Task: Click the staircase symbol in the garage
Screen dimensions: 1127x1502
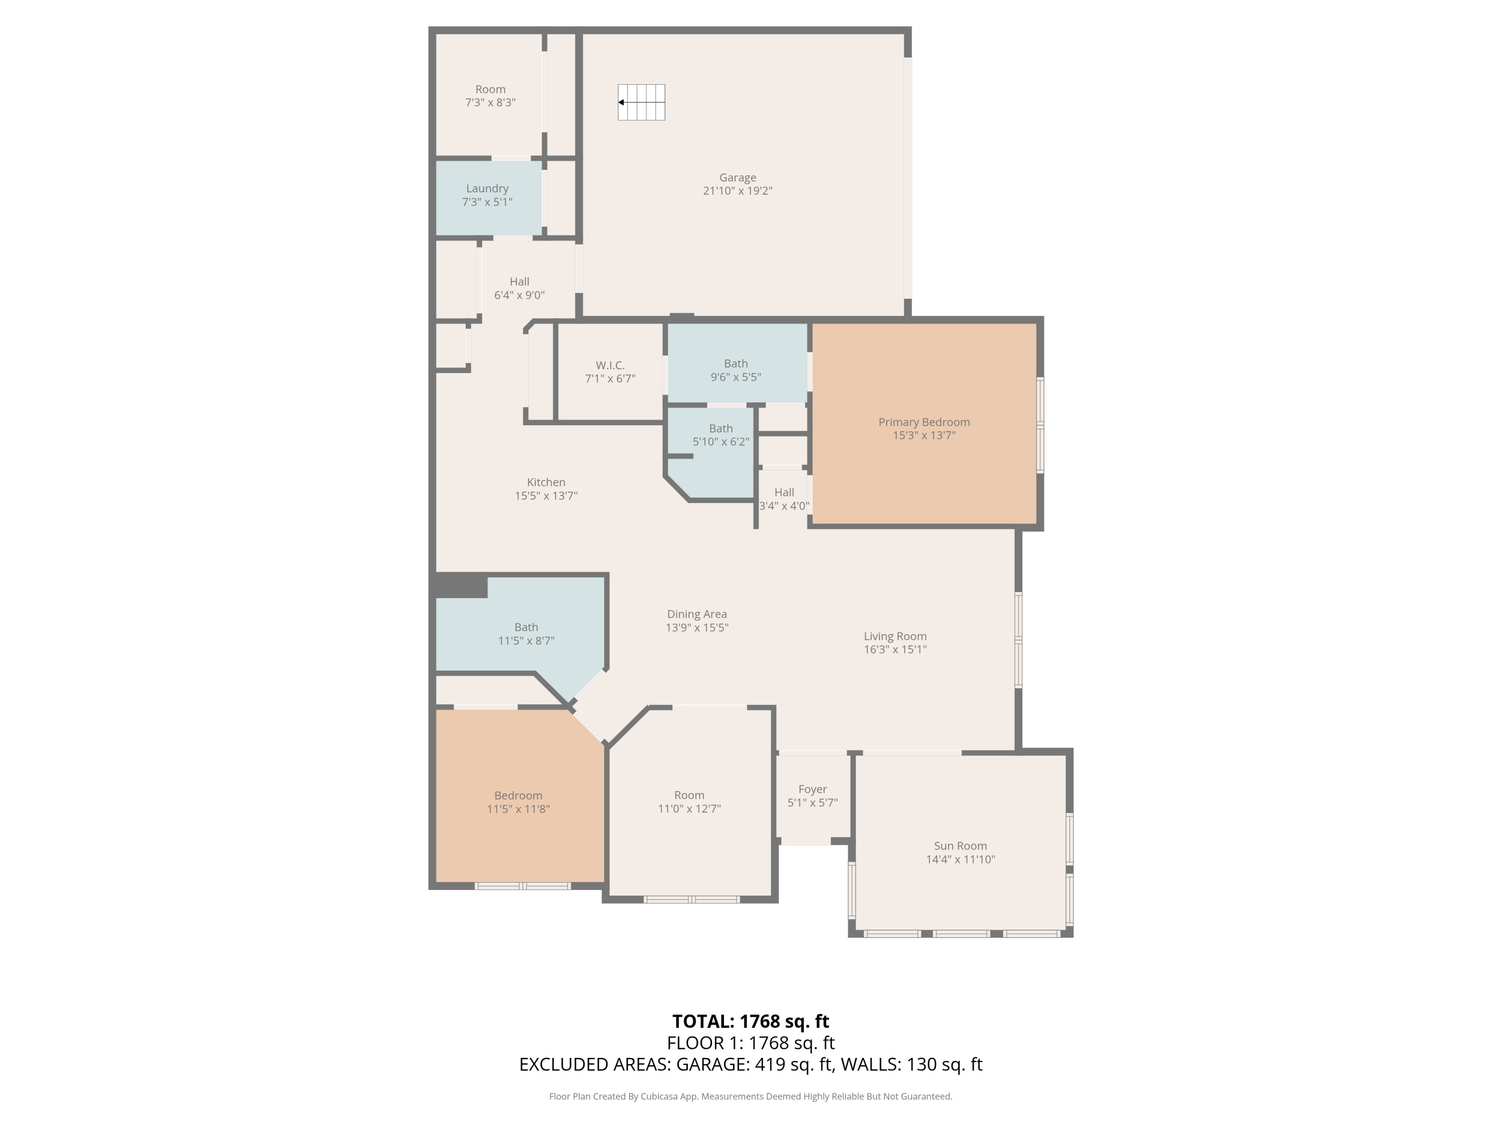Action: [x=641, y=103]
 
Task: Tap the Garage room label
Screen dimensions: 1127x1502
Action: [x=737, y=178]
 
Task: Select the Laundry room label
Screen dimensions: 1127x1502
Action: [x=487, y=189]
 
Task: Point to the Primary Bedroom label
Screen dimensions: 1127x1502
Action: [x=923, y=422]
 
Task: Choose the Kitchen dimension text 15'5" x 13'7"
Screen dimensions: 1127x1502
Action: [x=546, y=496]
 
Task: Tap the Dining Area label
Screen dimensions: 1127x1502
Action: [x=697, y=614]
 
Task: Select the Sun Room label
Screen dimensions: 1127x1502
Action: [x=960, y=846]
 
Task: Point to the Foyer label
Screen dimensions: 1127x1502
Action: [x=812, y=789]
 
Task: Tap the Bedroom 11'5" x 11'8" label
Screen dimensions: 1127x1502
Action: [x=518, y=795]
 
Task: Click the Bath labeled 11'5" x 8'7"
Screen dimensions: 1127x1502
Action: [x=526, y=628]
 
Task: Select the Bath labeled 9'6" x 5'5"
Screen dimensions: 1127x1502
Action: [x=735, y=364]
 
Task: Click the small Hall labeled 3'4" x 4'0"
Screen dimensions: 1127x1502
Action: [x=784, y=492]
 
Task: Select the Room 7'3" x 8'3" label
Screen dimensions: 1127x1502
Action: [x=490, y=90]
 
